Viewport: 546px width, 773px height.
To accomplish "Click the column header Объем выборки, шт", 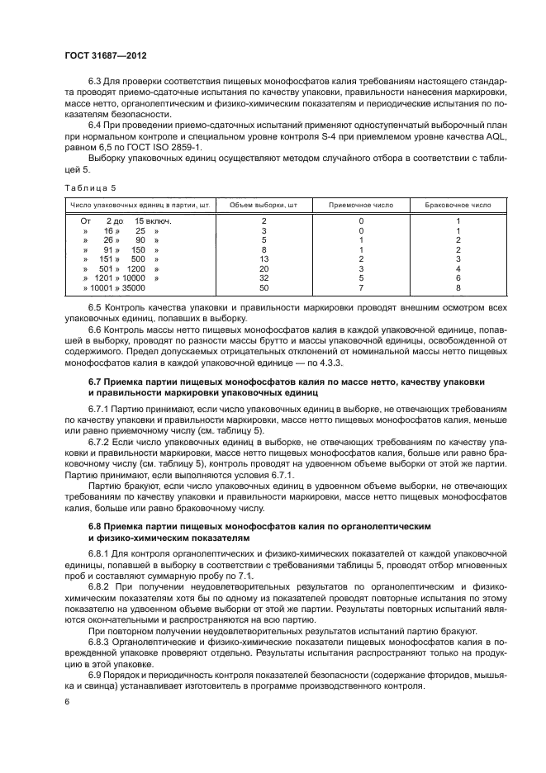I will [264, 203].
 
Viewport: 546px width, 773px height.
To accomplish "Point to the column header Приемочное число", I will [361, 203].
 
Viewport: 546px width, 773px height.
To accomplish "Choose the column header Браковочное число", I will [458, 203].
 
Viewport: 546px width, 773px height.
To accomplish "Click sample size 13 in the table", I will [264, 258].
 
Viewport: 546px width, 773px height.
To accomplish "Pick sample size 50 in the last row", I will [264, 287].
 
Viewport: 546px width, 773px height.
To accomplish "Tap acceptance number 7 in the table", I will [361, 287].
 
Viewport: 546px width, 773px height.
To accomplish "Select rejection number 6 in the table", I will [458, 277].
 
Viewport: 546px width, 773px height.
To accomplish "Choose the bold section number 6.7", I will [97, 382].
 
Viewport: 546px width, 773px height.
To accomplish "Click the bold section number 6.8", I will [97, 526].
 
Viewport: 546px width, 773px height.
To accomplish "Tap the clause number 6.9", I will [94, 676].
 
